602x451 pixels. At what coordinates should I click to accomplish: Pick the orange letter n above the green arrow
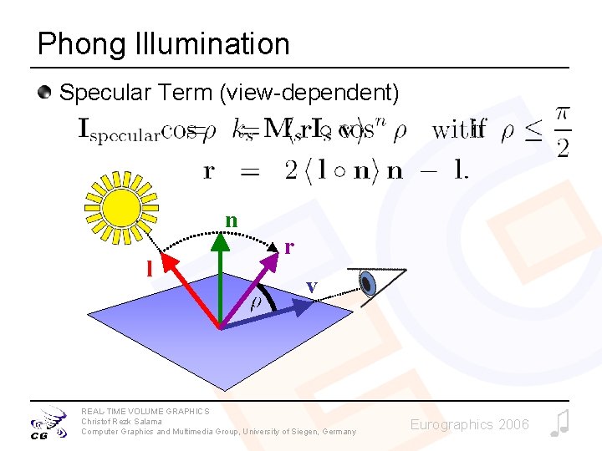232,220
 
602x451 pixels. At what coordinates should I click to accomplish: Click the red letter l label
150,268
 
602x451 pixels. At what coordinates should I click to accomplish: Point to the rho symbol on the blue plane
258,303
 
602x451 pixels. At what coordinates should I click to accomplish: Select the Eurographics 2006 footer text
469,424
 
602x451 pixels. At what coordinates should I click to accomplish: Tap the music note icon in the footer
559,423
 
